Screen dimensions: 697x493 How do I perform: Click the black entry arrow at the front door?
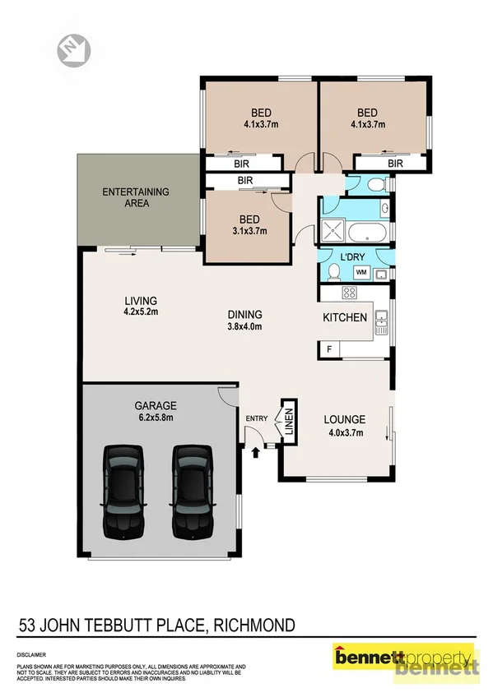256,450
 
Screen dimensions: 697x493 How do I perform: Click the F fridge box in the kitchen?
329,350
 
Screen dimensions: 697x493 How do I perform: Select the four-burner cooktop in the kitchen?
348,293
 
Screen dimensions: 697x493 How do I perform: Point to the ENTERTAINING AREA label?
135,197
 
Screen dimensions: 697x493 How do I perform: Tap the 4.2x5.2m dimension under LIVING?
140,312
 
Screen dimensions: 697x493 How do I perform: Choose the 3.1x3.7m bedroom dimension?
249,231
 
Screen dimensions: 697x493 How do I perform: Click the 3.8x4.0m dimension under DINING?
245,326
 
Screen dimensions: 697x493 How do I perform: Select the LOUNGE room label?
344,418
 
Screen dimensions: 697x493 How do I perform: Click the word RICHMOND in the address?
253,626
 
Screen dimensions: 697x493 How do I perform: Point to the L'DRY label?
352,258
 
